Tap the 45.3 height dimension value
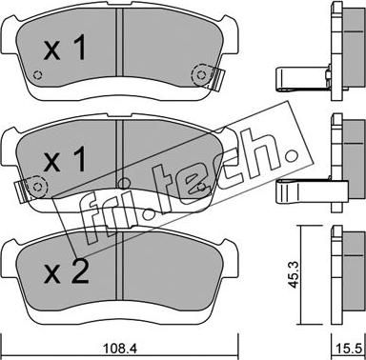[294, 274]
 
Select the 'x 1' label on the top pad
[65, 48]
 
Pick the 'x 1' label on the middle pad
[65, 158]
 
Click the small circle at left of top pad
[37, 75]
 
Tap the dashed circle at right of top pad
[201, 75]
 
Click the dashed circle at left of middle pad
[37, 187]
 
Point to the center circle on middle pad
[124, 183]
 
